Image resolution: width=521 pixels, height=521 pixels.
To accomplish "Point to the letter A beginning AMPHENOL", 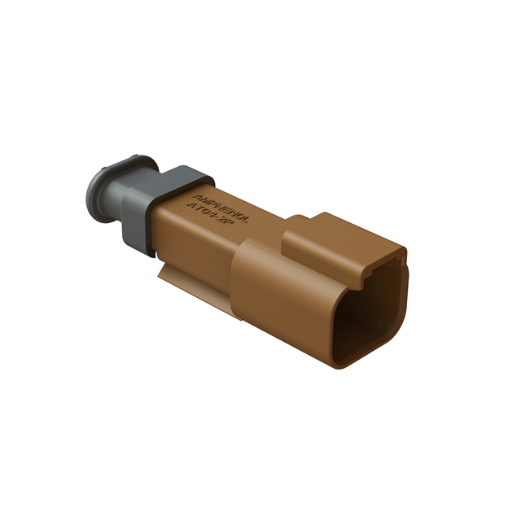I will click(x=195, y=195).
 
